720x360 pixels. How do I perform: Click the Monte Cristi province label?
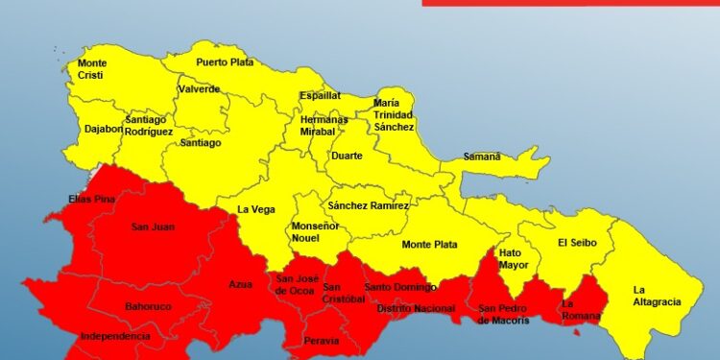[x=91, y=69]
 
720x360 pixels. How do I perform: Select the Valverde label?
[x=199, y=89]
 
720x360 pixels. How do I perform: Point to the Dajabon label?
[x=103, y=128]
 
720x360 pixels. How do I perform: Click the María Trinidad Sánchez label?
[x=394, y=114]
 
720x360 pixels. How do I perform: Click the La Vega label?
[x=256, y=209]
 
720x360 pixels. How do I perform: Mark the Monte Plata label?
[x=429, y=245]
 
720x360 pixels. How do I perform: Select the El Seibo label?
[x=577, y=243]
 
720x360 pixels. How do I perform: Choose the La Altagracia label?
[x=657, y=296]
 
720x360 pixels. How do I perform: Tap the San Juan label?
[x=153, y=228]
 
